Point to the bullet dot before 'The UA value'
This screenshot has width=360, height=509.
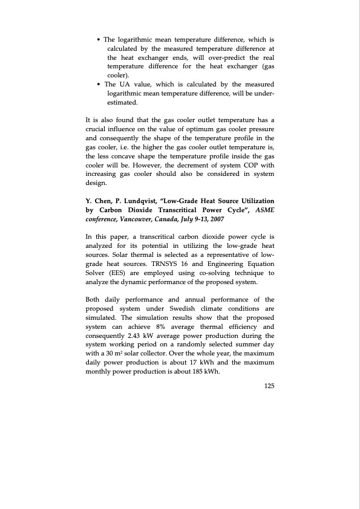[99, 84]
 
